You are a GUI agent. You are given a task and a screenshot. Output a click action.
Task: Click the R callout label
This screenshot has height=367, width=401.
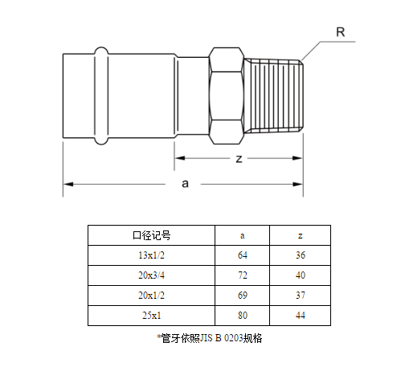[341, 32]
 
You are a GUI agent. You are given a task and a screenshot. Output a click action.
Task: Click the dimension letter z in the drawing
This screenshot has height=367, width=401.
[239, 159]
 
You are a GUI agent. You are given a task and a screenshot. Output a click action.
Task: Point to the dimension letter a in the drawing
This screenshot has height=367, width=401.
[185, 184]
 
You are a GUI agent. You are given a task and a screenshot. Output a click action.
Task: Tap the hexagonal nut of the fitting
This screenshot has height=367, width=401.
[227, 96]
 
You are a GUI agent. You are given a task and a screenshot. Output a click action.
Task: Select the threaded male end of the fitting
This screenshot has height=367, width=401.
[274, 96]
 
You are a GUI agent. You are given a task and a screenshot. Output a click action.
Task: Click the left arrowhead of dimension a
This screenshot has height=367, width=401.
[68, 184]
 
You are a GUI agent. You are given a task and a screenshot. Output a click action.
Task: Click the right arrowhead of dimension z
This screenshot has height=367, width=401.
[297, 158]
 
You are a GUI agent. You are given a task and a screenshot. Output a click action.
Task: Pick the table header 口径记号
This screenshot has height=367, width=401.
[152, 235]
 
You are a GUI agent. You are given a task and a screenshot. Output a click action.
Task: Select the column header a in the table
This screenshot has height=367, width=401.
[242, 235]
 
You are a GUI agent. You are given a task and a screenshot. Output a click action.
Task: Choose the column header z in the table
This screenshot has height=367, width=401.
[301, 235]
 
